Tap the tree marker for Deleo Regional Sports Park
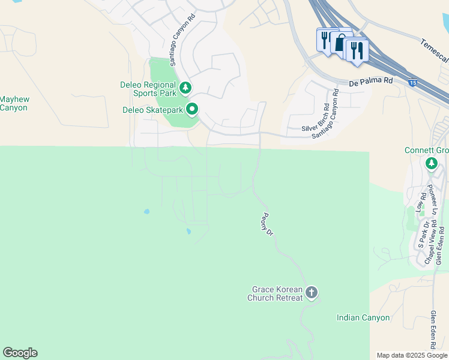point(186,88)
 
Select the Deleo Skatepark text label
point(152,110)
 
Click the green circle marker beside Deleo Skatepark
point(192,109)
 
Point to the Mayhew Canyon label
point(13,103)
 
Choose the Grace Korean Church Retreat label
point(277,293)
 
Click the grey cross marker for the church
point(311,293)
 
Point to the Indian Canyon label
point(363,317)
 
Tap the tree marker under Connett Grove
point(431,164)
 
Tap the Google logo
point(20,353)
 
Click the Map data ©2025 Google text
point(412,355)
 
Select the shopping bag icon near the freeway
point(339,43)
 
